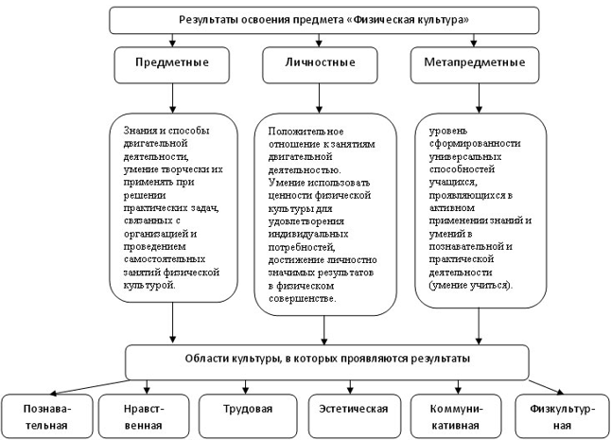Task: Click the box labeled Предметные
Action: coord(172,65)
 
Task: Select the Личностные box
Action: coord(320,65)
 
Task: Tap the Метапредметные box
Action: coord(475,65)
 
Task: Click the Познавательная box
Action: coord(46,416)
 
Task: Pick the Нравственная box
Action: coord(144,416)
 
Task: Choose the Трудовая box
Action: coord(248,416)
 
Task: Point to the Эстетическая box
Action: coord(354,416)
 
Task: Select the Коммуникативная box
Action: coord(456,416)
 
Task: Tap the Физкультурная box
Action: coord(563,416)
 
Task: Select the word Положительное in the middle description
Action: coord(305,132)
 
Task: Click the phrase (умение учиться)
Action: coord(471,285)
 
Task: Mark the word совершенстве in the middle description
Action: coord(302,299)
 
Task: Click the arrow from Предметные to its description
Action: coord(173,98)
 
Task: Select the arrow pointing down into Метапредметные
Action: coord(474,40)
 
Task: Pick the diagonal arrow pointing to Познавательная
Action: coord(89,387)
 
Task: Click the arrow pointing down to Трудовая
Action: coord(246,387)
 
